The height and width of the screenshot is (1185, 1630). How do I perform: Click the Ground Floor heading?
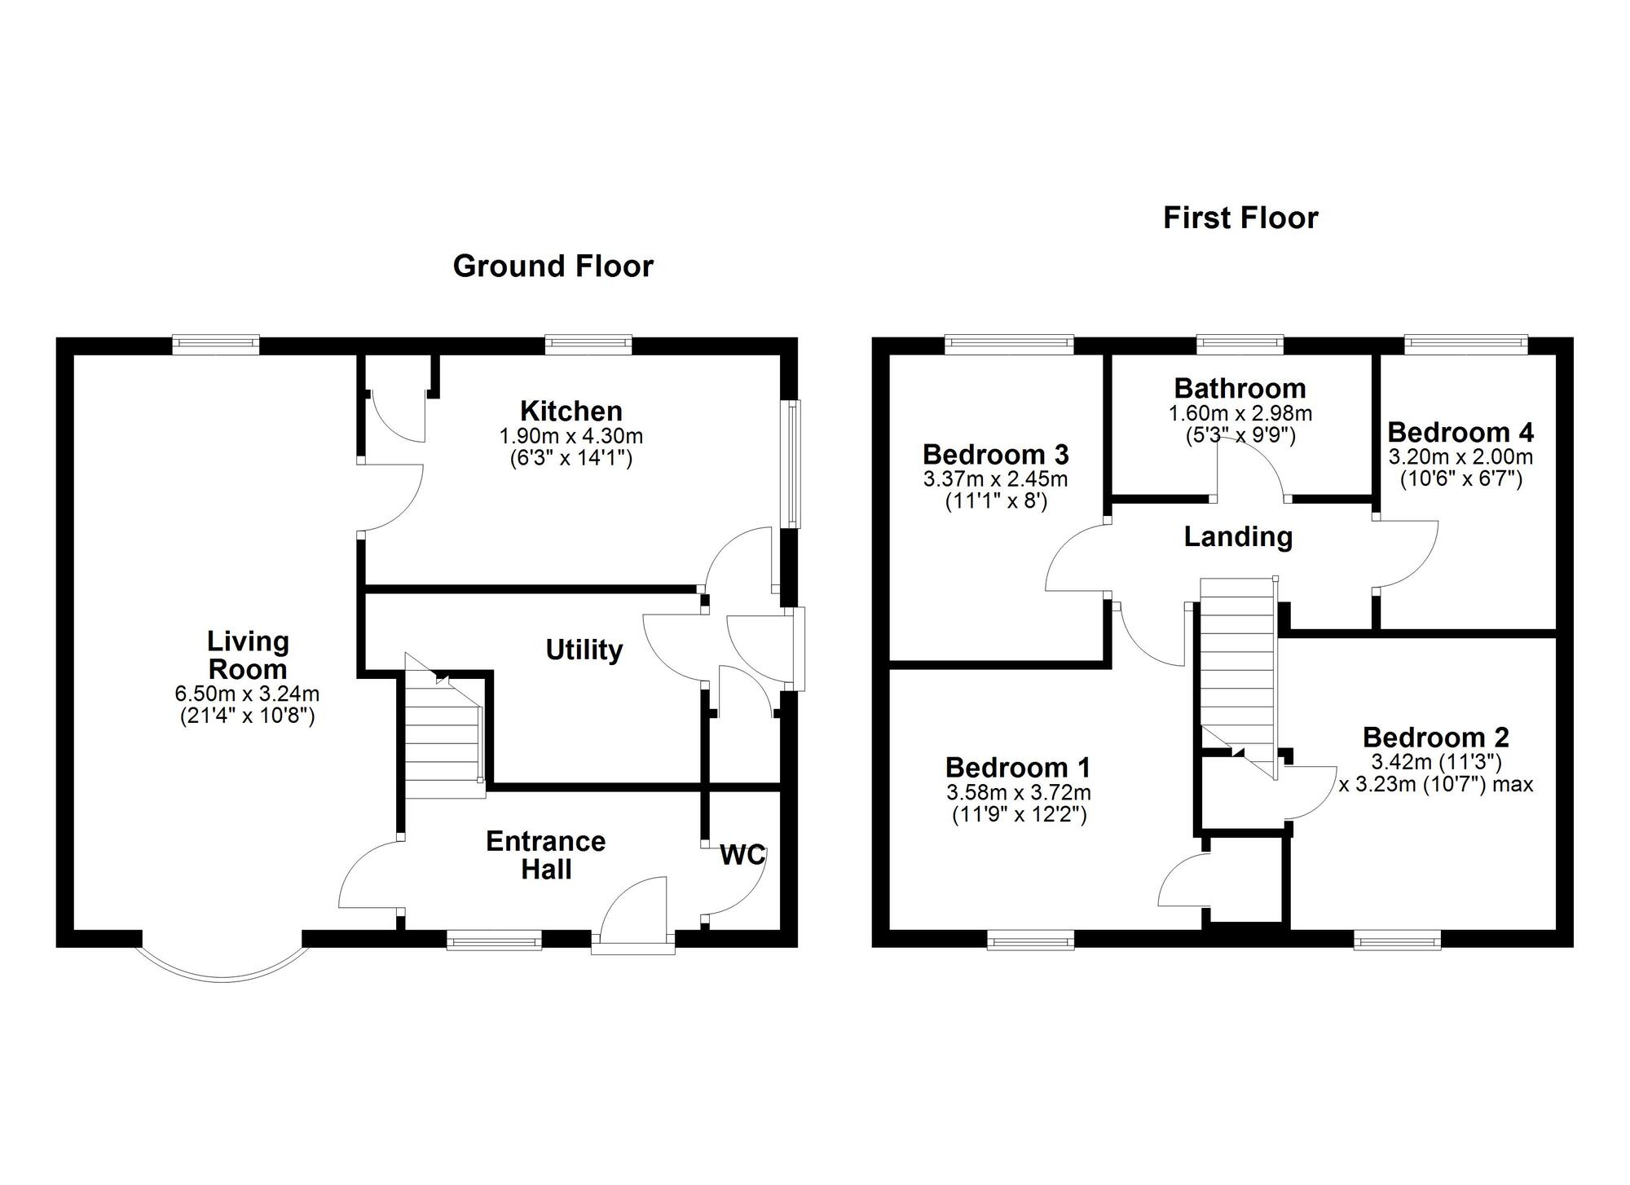click(x=553, y=267)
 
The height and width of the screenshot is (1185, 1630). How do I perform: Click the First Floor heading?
click(x=1240, y=218)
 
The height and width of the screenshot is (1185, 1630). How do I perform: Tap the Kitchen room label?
click(x=571, y=411)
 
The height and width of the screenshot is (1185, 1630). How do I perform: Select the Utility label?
click(x=584, y=650)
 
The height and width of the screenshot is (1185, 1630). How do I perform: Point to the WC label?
click(x=742, y=855)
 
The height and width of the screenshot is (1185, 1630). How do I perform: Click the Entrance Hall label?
click(x=546, y=855)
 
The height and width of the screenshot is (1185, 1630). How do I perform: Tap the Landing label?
click(x=1238, y=536)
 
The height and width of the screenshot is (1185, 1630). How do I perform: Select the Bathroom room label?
click(x=1240, y=388)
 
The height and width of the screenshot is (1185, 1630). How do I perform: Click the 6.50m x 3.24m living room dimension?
click(x=247, y=694)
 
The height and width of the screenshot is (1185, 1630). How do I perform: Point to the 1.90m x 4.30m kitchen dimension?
click(x=571, y=436)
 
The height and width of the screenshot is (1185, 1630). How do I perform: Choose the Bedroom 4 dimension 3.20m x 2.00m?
click(x=1460, y=456)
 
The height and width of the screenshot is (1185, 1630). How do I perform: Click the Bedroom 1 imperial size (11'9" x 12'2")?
click(x=1019, y=814)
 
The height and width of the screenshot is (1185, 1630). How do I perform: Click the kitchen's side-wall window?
click(x=791, y=464)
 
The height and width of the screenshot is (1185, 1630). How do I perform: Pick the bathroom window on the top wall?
click(x=1240, y=345)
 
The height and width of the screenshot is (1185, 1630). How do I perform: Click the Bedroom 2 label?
click(x=1435, y=738)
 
